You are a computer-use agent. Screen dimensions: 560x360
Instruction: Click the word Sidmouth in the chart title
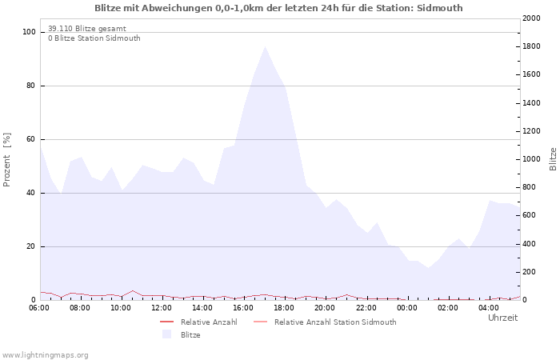click(x=440, y=8)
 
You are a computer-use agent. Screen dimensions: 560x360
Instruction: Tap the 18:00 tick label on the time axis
click(x=284, y=308)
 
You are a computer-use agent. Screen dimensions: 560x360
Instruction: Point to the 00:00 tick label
click(x=406, y=308)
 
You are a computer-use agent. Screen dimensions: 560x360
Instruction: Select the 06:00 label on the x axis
click(x=39, y=308)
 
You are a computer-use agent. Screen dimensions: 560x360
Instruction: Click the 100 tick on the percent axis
click(x=29, y=32)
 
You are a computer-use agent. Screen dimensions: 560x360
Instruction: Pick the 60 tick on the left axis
click(x=30, y=139)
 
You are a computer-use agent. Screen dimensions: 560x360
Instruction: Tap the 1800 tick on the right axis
click(x=531, y=46)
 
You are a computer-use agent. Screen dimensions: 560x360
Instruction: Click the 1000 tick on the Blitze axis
click(x=531, y=159)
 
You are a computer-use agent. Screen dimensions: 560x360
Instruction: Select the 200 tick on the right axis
click(x=529, y=272)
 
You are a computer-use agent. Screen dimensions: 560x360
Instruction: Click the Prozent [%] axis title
click(x=6, y=160)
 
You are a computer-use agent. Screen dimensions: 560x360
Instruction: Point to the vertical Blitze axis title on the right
click(x=553, y=159)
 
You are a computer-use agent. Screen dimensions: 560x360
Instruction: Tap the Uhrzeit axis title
click(x=503, y=318)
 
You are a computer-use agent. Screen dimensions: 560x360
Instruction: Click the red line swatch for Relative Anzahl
click(x=166, y=322)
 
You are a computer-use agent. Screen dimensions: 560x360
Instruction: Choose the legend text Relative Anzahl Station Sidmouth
click(x=335, y=322)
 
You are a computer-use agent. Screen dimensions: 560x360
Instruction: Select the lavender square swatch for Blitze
click(x=166, y=334)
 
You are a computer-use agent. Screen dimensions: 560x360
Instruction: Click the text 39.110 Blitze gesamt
click(x=87, y=29)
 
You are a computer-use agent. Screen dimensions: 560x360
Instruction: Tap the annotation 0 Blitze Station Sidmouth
click(x=94, y=38)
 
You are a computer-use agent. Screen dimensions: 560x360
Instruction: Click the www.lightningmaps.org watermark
click(x=45, y=355)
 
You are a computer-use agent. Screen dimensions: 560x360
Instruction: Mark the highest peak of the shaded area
click(x=265, y=46)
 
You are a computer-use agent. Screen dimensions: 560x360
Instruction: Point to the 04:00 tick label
click(x=489, y=308)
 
